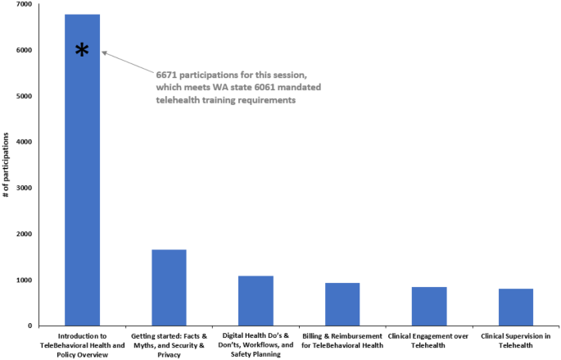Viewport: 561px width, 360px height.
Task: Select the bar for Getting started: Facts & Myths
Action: (x=169, y=287)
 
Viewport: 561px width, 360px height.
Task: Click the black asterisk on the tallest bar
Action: (x=82, y=51)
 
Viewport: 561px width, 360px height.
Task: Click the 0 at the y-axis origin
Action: (x=29, y=326)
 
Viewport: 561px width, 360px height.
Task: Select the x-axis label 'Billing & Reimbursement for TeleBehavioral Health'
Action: (x=342, y=341)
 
